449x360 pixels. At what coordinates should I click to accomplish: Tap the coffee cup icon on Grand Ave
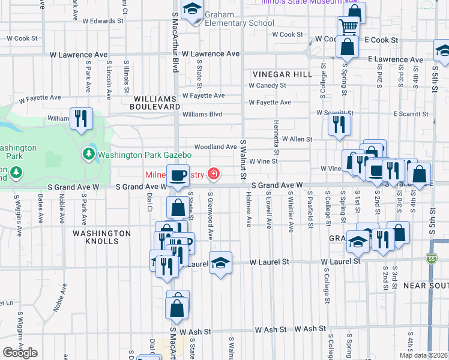click(x=177, y=175)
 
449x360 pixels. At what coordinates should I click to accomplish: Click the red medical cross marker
click(x=212, y=175)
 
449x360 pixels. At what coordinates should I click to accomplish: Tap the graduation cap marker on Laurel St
click(x=220, y=263)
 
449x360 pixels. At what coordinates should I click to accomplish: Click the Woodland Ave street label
click(x=215, y=147)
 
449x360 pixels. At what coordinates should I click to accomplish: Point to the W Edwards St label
click(x=103, y=21)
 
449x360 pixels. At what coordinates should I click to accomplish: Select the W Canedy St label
click(x=267, y=85)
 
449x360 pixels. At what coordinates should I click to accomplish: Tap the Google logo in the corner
click(x=20, y=352)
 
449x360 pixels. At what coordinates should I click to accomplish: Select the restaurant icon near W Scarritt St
click(x=339, y=124)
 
